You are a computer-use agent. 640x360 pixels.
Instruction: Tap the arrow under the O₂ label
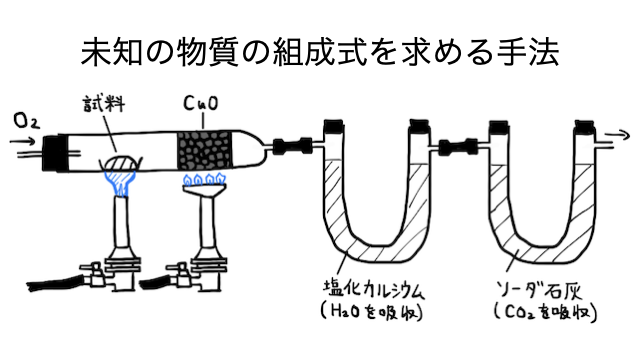coord(23,142)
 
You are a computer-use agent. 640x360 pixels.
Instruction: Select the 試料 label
coord(104,104)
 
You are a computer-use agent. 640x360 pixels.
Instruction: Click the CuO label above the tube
coord(200,103)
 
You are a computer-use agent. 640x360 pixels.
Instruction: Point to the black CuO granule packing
coord(205,150)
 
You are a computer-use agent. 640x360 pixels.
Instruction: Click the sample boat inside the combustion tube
coord(120,164)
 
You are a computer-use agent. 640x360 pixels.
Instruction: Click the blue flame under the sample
coord(120,182)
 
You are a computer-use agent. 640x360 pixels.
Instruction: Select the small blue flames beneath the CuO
coord(204,179)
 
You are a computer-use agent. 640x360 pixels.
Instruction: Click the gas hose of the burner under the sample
coord(56,283)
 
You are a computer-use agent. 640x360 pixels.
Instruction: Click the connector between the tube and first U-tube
coord(292,146)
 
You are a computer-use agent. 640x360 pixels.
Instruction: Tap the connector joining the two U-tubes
coord(458,146)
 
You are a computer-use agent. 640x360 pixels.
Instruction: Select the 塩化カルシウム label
coord(373,289)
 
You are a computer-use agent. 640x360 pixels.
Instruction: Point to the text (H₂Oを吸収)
coord(371,313)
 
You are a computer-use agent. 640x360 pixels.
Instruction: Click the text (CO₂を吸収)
coord(545,313)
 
